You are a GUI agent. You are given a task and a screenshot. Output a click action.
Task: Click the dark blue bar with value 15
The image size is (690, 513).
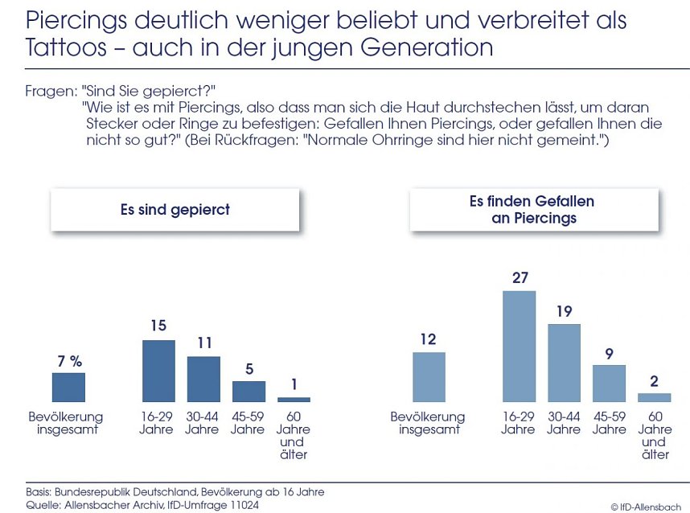158,371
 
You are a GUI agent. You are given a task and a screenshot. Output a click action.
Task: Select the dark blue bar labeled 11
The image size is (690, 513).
203,379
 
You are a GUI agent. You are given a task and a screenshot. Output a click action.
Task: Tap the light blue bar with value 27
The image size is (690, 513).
519,346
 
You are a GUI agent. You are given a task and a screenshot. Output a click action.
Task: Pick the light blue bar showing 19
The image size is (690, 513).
564,363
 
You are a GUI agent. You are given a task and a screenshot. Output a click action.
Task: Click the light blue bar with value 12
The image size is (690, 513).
429,376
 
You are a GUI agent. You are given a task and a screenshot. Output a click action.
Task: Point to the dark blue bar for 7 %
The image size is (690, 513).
68,387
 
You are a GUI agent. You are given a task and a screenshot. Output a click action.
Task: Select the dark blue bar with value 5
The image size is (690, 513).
248,391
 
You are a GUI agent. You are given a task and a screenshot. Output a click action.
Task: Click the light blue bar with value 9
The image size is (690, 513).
609,383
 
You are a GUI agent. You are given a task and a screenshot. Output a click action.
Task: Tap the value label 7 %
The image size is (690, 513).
69,361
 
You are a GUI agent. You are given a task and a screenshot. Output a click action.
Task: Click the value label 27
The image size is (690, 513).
519,278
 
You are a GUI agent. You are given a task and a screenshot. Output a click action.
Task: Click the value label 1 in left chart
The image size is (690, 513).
294,385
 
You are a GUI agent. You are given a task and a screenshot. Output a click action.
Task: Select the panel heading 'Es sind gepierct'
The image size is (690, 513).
175,210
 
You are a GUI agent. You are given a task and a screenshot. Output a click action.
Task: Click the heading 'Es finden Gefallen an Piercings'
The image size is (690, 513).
532,209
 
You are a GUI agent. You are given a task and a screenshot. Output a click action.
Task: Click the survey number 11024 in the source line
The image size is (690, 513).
243,505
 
